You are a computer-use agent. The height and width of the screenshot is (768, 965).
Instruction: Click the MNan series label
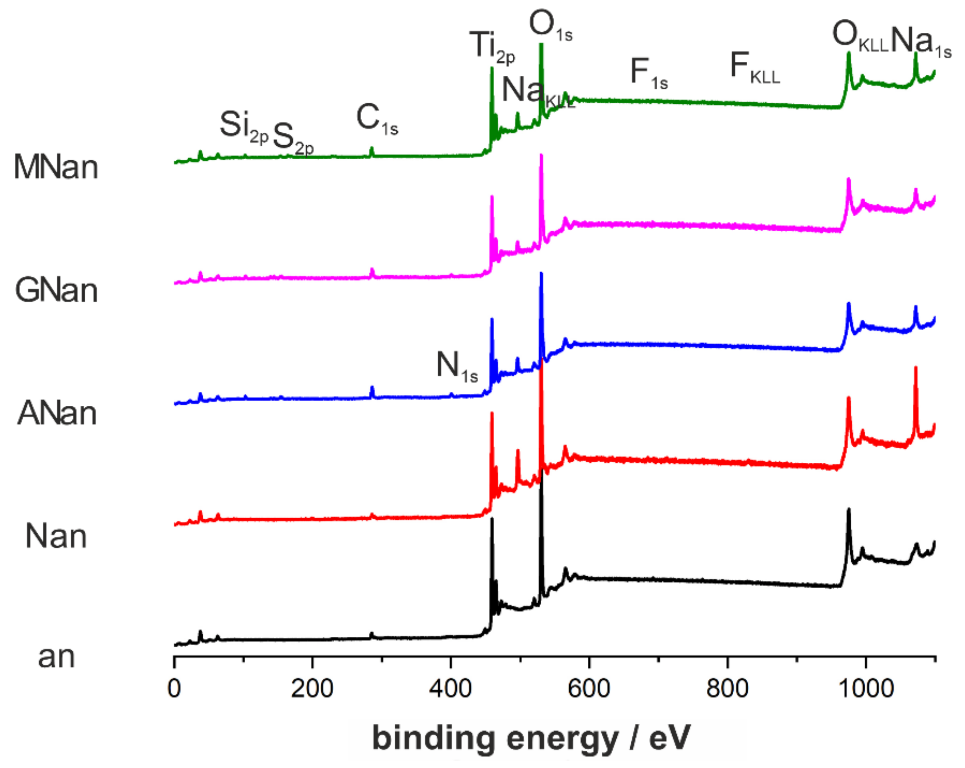pos(56,167)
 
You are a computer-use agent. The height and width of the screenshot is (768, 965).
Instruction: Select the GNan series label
pos(56,291)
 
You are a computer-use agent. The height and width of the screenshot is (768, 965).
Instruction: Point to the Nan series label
pos(56,536)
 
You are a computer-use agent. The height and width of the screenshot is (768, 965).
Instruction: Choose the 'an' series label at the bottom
pos(56,657)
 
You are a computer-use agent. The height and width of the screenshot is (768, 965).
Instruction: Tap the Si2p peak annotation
pos(243,127)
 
